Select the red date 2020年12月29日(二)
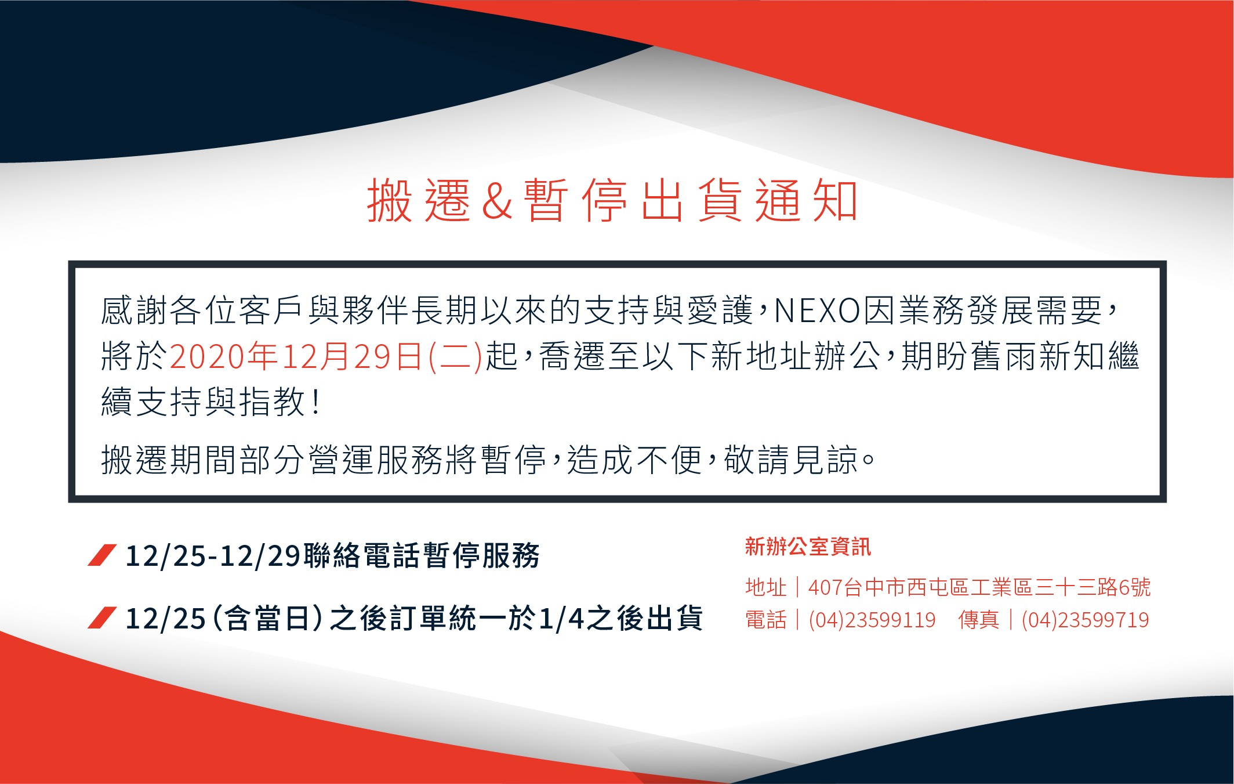(326, 356)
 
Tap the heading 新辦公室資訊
(808, 547)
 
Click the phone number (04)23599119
(872, 620)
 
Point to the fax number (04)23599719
(1085, 620)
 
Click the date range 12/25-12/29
(212, 556)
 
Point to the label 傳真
(979, 620)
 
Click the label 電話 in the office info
(766, 620)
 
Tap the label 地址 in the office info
(766, 587)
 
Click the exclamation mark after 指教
(315, 402)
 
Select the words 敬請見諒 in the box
(791, 460)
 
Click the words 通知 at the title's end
(807, 201)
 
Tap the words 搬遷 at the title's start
(418, 201)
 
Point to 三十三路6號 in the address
(1093, 587)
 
